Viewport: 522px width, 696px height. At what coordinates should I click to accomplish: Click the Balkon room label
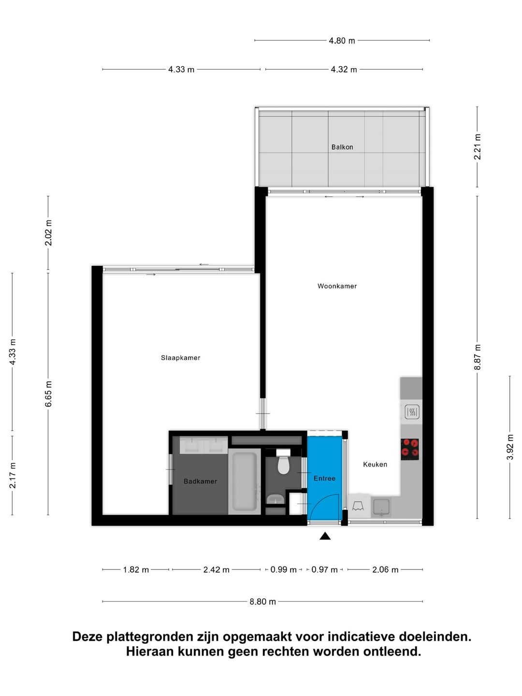pos(342,147)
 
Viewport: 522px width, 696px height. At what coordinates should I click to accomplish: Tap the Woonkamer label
pos(337,286)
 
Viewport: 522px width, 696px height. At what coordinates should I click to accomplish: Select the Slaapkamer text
pos(180,358)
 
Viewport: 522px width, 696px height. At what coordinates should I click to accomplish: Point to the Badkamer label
pos(200,481)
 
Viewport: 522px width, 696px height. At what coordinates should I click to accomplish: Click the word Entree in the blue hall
pos(324,478)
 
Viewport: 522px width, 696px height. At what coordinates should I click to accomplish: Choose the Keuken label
pos(375,464)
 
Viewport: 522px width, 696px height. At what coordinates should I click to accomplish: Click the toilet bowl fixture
pos(283,464)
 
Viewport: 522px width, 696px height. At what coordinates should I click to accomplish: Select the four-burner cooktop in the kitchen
pos(410,449)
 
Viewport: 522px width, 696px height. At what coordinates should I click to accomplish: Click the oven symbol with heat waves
pos(411,412)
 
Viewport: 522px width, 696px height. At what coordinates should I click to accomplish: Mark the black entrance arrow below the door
pos(325,536)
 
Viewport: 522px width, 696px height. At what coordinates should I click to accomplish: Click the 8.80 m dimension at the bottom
pos(262,602)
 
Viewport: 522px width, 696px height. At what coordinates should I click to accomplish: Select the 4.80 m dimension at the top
pos(342,41)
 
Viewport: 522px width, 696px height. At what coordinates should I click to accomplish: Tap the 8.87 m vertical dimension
pos(478,357)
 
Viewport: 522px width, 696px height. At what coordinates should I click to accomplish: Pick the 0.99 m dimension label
pos(283,570)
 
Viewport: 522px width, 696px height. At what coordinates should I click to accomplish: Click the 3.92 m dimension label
pos(510,447)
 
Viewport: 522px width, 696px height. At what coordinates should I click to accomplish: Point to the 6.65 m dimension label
pos(48,393)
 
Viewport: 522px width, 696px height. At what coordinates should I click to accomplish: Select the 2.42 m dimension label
pos(216,570)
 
